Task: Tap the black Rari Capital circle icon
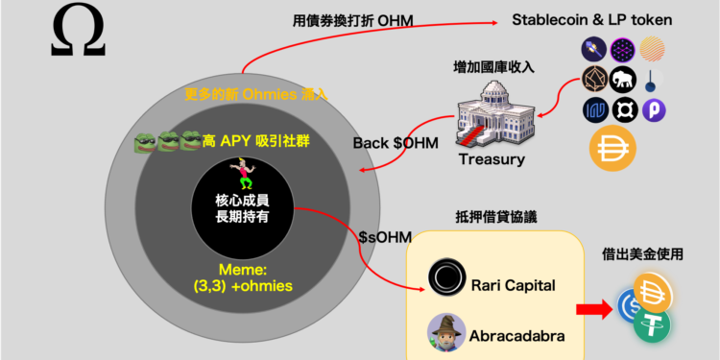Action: pos(445,277)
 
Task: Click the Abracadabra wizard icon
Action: pos(446,332)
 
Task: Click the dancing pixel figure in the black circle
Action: pos(245,174)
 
